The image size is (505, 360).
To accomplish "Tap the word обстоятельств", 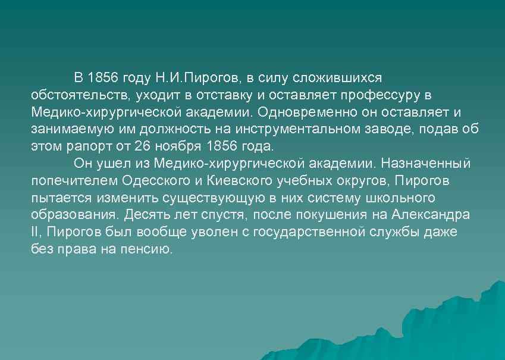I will click(81, 95).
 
